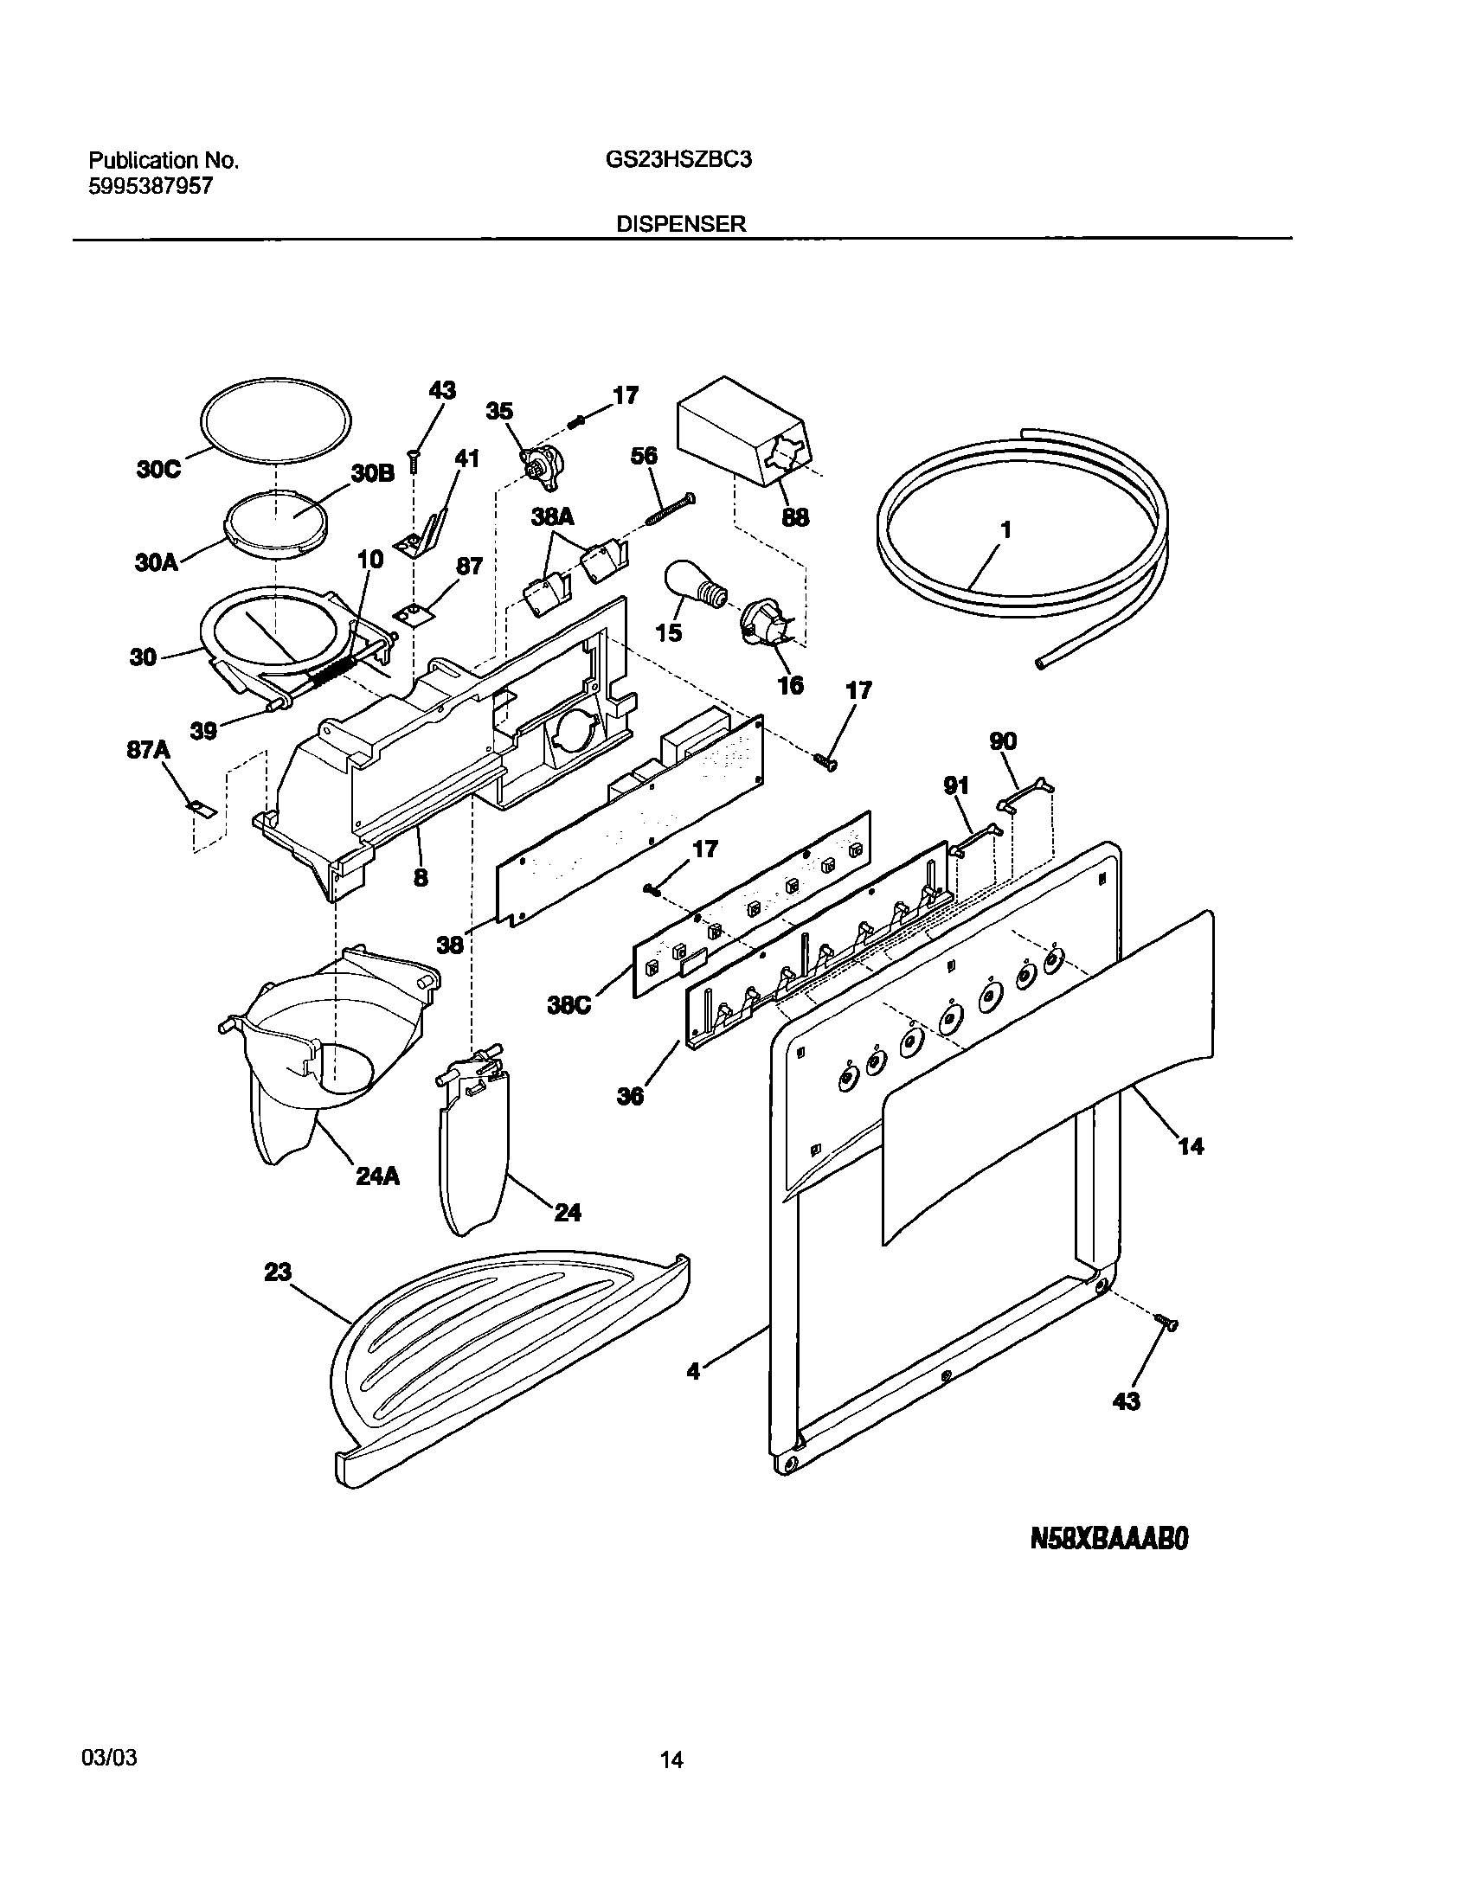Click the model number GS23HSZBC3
(673, 161)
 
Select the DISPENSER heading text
(681, 224)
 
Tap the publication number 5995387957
(151, 186)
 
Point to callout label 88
(795, 517)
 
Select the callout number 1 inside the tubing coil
(1005, 529)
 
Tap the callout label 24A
(377, 1176)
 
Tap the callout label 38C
(568, 1006)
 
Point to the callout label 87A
(148, 750)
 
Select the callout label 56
(644, 456)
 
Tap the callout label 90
(1003, 741)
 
